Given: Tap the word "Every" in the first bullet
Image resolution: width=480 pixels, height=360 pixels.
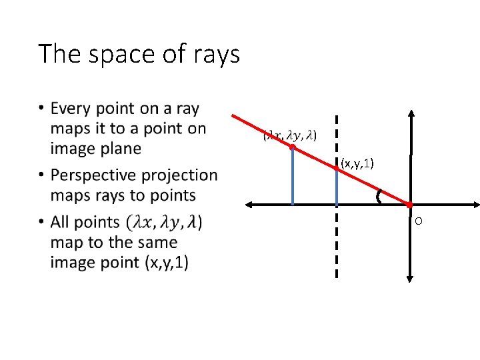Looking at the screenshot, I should (x=71, y=108).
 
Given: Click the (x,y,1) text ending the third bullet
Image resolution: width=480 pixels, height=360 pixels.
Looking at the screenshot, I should (x=167, y=263).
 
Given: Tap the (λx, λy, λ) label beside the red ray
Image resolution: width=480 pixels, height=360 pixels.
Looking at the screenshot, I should (x=290, y=135).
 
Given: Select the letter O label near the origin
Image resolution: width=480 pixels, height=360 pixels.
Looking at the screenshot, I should (x=418, y=221).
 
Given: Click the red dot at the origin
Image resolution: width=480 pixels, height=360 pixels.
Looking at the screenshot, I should (x=410, y=205).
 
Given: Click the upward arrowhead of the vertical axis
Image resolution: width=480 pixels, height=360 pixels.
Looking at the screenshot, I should (x=410, y=114).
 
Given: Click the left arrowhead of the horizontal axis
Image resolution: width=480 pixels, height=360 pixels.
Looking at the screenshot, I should (x=245, y=205).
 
